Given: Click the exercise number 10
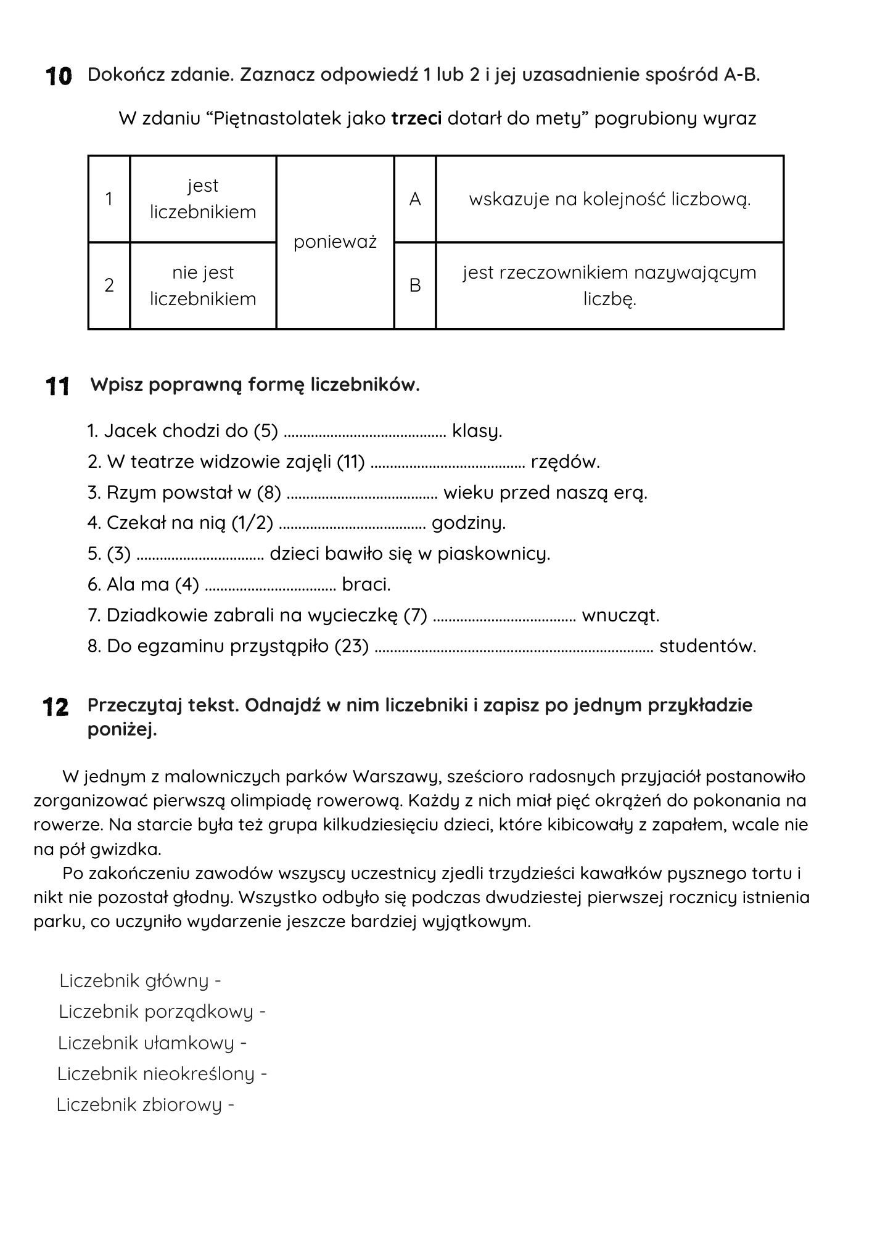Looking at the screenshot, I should (x=59, y=76).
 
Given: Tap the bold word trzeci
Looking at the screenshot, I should (x=416, y=118).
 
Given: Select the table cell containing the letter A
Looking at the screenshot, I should (x=415, y=199).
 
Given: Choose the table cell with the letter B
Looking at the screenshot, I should (x=415, y=285).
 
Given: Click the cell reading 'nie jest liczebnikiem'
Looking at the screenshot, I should (x=203, y=285).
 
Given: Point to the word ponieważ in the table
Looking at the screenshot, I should (x=335, y=242).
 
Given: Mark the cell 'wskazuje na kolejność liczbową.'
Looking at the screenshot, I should (x=609, y=199).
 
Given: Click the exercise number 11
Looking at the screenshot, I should (x=58, y=387).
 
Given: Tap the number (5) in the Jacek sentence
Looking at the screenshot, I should (x=266, y=431).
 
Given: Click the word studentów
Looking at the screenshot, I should (x=707, y=646).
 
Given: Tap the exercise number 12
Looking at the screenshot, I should (x=56, y=707).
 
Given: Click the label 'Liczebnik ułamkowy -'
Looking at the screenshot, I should (x=152, y=1043).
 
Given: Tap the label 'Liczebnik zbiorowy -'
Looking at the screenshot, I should (x=146, y=1104).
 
